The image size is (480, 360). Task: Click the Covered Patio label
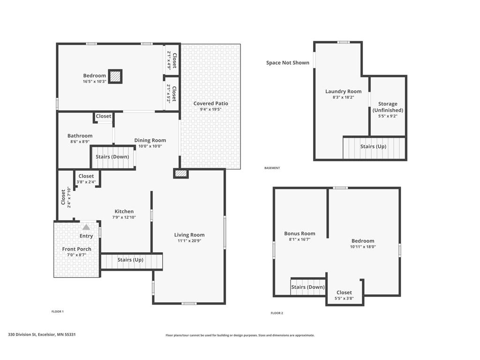coord(210,104)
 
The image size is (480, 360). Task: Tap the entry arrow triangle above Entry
coord(86,227)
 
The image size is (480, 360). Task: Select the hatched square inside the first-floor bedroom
coord(115,76)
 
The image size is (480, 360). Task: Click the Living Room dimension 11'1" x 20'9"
coord(189,240)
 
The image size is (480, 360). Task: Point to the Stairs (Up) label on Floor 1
coord(130,260)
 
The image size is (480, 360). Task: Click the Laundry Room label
coord(343,91)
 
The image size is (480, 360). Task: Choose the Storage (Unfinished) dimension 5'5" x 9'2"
coord(388,116)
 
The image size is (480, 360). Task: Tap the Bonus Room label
coord(300,233)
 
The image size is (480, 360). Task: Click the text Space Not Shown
coord(287,63)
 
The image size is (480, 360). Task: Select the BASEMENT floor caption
coord(272,168)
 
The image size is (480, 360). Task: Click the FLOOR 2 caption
coord(277,313)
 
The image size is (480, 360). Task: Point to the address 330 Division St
coord(22,334)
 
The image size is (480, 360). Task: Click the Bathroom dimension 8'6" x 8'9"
coord(80,142)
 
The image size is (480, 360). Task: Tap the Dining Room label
coord(150,140)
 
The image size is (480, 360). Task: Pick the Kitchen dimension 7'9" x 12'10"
coord(124,217)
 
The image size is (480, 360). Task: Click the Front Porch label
coord(76,249)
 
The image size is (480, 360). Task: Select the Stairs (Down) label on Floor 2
coord(307,287)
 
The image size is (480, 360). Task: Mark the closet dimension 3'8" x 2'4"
coord(86,182)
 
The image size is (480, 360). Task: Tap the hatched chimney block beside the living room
coord(180,173)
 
